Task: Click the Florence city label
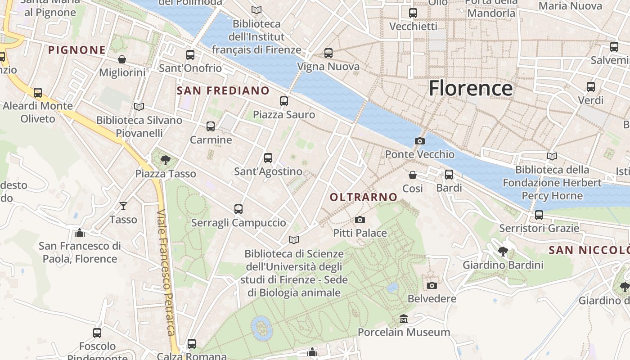[x=470, y=88]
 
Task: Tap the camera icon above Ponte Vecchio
[x=419, y=141]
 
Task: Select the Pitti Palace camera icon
[x=360, y=220]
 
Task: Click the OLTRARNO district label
[x=364, y=197]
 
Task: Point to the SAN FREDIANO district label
[x=223, y=90]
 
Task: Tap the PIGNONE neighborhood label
[x=77, y=50]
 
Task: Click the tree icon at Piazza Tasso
[x=166, y=160]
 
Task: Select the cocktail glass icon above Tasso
[x=123, y=206]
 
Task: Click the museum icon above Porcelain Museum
[x=404, y=319]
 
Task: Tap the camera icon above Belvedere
[x=432, y=285]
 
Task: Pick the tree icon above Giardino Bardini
[x=503, y=251]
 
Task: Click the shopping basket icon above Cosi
[x=413, y=175]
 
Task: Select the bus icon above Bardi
[x=449, y=175]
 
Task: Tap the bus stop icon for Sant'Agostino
[x=268, y=157]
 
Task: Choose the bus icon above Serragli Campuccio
[x=238, y=209]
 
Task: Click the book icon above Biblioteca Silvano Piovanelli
[x=139, y=107]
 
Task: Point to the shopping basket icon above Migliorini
[x=122, y=59]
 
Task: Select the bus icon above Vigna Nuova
[x=328, y=53]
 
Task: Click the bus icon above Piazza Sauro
[x=284, y=101]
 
